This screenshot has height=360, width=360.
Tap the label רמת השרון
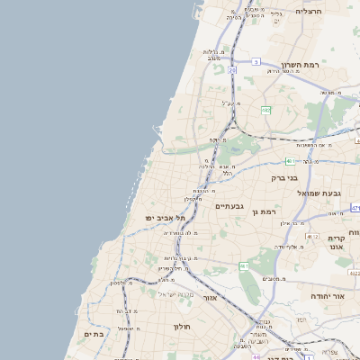pos(302,66)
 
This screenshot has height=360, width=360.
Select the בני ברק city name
pos(283,178)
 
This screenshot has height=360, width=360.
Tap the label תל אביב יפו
pos(165,218)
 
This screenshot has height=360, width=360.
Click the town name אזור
pos(210,297)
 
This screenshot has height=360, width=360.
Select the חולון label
pos(182,328)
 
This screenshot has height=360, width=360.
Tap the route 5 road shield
pos(256,62)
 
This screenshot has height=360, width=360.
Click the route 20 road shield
pos(232,69)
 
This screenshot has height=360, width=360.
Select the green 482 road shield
pos(265,110)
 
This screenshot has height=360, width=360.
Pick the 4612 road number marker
pos(311,236)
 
